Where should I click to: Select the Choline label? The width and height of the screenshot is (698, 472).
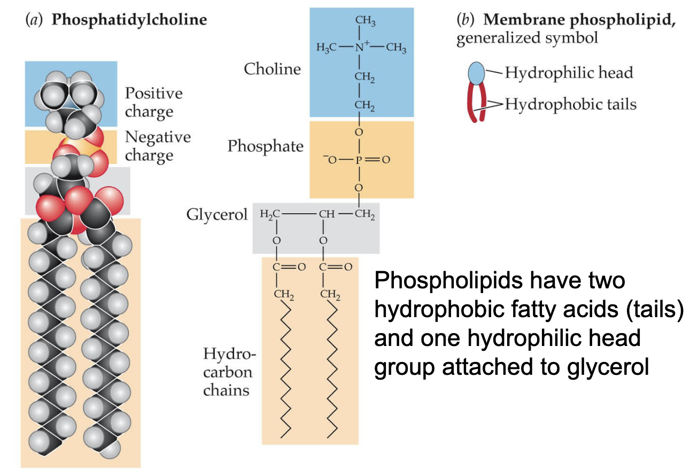[x=272, y=68]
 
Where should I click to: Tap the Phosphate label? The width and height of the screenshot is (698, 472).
[x=265, y=146]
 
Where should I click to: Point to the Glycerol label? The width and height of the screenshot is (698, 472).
[x=217, y=215]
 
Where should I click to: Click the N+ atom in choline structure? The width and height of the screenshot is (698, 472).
[x=360, y=48]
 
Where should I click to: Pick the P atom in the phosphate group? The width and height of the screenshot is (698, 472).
[x=359, y=160]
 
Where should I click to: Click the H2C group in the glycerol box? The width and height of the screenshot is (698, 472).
[x=269, y=215]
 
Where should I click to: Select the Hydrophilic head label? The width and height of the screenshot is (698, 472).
[x=569, y=73]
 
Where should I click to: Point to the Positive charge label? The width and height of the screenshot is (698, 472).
[x=153, y=103]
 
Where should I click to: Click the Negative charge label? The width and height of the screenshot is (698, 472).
[x=157, y=146]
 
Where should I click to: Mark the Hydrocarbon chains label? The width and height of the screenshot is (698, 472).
[x=226, y=372]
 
